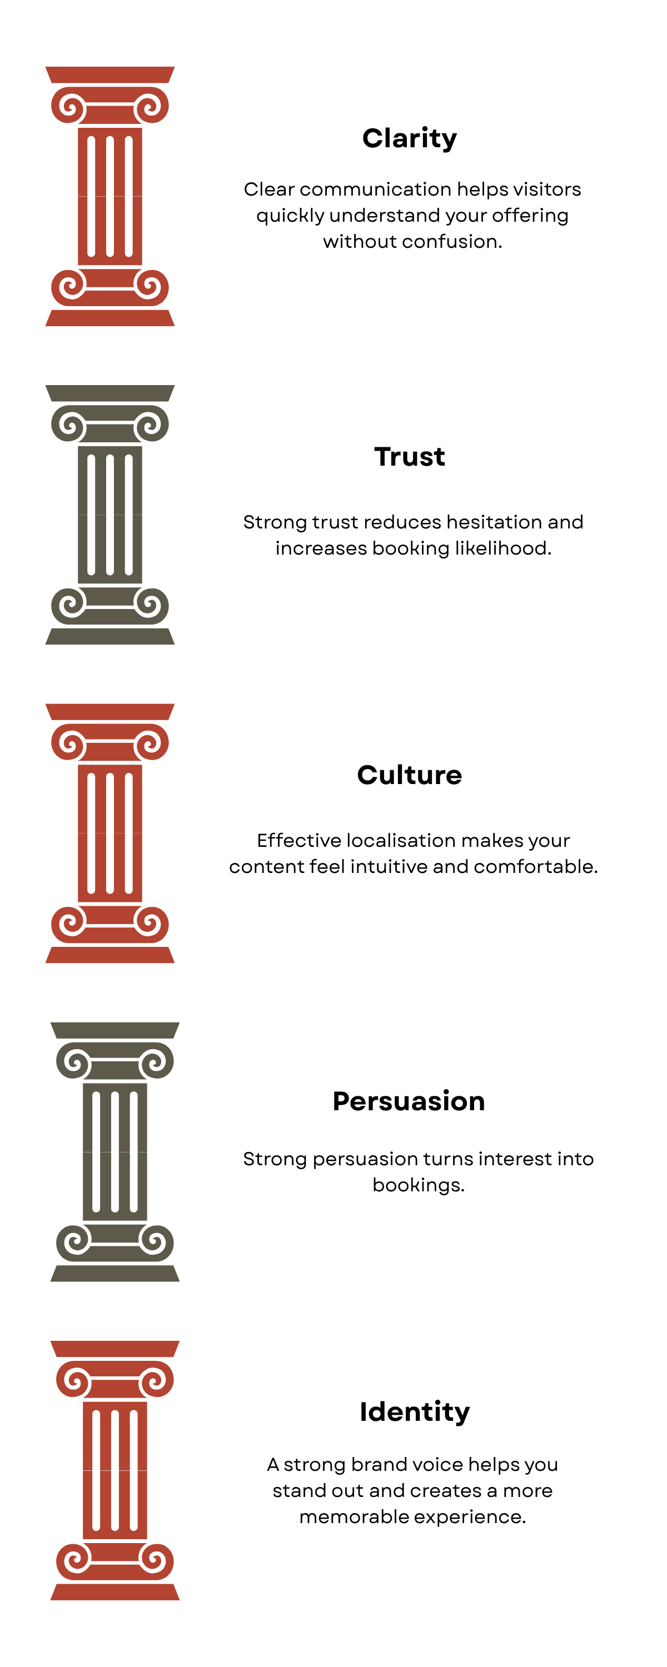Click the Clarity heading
coord(409,138)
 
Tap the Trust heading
coord(409,457)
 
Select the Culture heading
coord(409,775)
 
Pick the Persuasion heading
coord(409,1101)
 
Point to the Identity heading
coord(415,1412)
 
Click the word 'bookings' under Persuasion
coord(417,1185)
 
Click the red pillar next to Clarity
coord(110,197)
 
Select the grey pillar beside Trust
coord(110,515)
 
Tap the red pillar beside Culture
coord(110,833)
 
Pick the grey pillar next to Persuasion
coord(115,1152)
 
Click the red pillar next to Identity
coord(115,1470)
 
